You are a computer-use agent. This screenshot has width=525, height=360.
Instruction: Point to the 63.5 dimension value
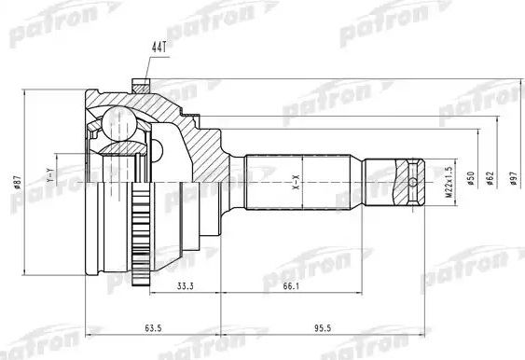(x=153, y=328)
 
